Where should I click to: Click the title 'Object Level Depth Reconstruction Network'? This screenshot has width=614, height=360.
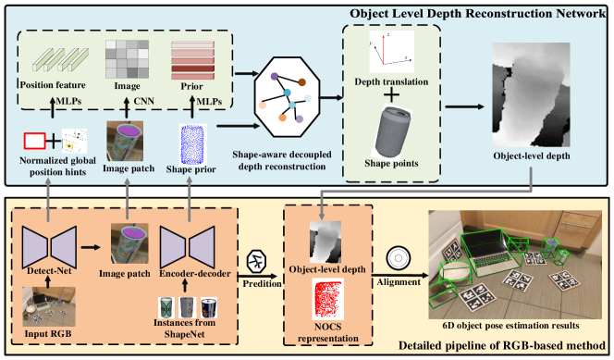[477, 14]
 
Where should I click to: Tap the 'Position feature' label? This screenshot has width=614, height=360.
[53, 85]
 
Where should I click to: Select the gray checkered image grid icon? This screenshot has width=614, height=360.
[127, 59]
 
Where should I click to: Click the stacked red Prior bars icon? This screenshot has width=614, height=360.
[192, 60]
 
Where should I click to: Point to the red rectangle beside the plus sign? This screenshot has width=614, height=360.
[34, 141]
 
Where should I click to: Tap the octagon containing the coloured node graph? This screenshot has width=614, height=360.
[287, 97]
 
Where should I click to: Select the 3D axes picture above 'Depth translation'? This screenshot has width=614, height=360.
[391, 52]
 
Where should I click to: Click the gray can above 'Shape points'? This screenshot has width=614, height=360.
[393, 130]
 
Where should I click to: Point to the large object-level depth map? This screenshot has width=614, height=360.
[531, 94]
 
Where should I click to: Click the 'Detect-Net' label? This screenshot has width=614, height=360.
[49, 270]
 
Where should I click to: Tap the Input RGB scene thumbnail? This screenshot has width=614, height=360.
[49, 306]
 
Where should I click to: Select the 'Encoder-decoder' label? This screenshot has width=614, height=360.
[194, 273]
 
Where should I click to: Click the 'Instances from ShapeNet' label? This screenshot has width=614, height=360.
[184, 329]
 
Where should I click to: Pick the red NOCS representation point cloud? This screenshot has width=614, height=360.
[327, 299]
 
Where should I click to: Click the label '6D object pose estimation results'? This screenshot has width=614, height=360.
[510, 326]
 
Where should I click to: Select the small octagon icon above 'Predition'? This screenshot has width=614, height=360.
[257, 261]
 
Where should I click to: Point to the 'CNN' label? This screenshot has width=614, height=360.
[143, 101]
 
